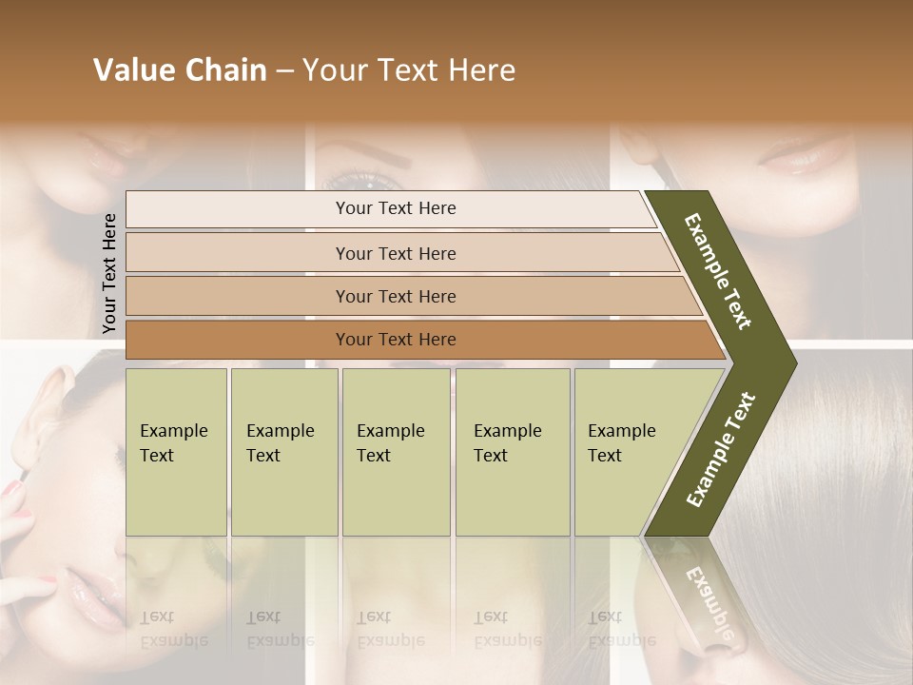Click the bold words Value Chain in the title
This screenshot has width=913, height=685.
(180, 70)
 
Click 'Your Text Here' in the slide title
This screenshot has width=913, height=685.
(409, 70)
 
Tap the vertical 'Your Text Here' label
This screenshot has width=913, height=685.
(109, 274)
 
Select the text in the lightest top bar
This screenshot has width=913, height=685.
(396, 208)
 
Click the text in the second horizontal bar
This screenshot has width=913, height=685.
(396, 254)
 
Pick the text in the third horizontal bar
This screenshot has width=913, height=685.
(396, 297)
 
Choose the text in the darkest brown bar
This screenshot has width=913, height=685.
(396, 340)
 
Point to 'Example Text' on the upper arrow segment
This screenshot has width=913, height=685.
(718, 271)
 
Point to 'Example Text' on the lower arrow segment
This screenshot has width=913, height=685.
(721, 450)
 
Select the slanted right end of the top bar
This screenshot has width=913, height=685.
(649, 209)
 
